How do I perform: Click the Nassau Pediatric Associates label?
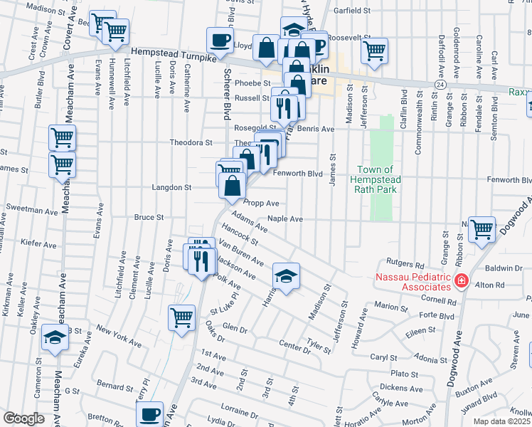[x=415, y=281]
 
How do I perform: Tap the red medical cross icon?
[x=462, y=282]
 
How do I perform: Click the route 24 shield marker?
[x=441, y=84]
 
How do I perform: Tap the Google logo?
[x=23, y=418]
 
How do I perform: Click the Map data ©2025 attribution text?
[x=501, y=421]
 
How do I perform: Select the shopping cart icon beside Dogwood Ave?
[x=482, y=229]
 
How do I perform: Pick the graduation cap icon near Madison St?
[x=286, y=275]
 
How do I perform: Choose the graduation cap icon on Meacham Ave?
[x=54, y=338]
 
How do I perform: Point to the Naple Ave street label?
[x=285, y=219]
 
